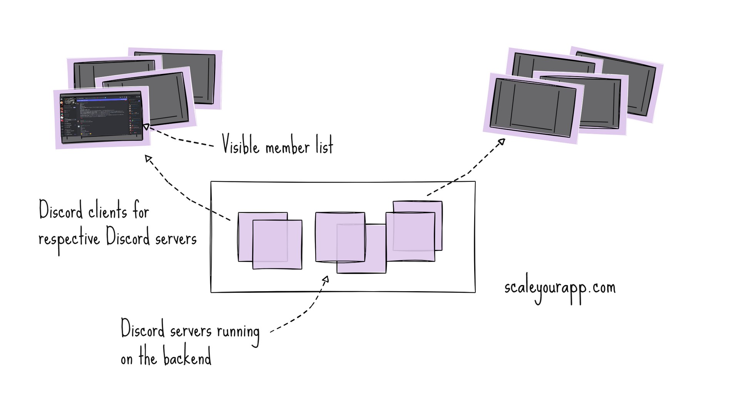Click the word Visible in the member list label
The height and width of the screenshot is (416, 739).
click(241, 145)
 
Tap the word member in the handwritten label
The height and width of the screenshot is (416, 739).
click(288, 147)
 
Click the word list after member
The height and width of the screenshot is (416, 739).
click(324, 146)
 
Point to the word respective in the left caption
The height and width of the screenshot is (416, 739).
click(69, 240)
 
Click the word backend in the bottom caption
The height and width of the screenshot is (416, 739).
click(187, 357)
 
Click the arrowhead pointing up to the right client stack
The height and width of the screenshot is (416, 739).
click(501, 142)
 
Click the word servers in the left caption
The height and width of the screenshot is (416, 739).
click(176, 240)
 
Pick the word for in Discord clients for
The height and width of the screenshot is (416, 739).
click(141, 212)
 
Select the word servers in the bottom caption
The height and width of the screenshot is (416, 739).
click(191, 331)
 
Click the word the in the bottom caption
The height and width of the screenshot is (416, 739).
click(148, 358)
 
